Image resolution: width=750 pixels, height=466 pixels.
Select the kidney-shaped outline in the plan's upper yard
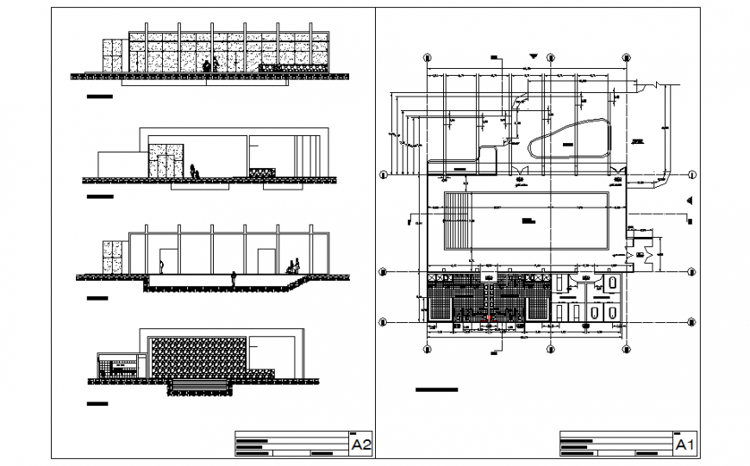(570, 138)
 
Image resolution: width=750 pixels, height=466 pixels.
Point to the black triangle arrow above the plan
(534, 58)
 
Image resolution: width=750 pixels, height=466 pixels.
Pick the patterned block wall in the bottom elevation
(197, 354)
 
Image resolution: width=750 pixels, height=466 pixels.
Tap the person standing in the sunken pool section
(233, 279)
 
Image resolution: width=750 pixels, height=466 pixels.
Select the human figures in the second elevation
(195, 171)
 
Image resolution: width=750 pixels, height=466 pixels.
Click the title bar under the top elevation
(100, 98)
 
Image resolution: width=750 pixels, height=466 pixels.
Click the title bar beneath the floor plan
(436, 390)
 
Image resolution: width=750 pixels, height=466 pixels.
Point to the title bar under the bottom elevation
(97, 402)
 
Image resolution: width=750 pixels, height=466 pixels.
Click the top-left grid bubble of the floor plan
(428, 58)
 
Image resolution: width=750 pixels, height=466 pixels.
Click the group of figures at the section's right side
(294, 266)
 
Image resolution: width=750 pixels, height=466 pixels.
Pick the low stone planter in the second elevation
(261, 173)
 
